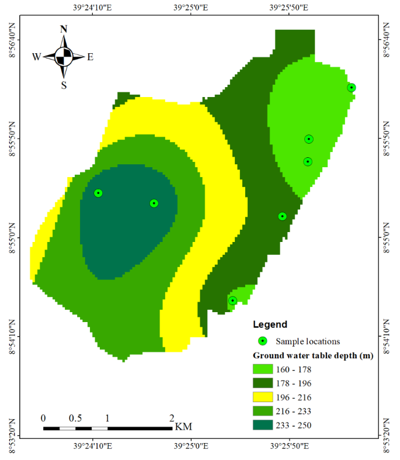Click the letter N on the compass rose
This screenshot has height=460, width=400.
click(x=64, y=29)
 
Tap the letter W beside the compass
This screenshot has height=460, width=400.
click(x=36, y=57)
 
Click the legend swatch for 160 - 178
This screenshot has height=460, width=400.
click(x=263, y=369)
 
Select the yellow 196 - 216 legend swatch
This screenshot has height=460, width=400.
click(x=263, y=397)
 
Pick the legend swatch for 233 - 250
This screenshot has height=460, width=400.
click(x=263, y=425)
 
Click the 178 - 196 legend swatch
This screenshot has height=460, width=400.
click(x=263, y=383)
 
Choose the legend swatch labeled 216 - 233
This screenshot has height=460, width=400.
click(x=263, y=411)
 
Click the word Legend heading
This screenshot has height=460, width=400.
click(x=270, y=324)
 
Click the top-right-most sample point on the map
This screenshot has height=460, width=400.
click(x=352, y=88)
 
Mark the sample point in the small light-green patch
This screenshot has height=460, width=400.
click(x=232, y=301)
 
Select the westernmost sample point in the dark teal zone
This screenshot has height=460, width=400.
click(x=98, y=193)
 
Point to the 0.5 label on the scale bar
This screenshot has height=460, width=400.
click(x=75, y=419)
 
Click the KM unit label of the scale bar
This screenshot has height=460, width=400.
click(x=183, y=427)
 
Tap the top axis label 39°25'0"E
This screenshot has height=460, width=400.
click(x=191, y=9)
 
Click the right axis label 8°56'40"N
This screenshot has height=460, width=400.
click(x=386, y=40)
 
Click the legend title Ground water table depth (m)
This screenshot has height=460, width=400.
click(x=313, y=355)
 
